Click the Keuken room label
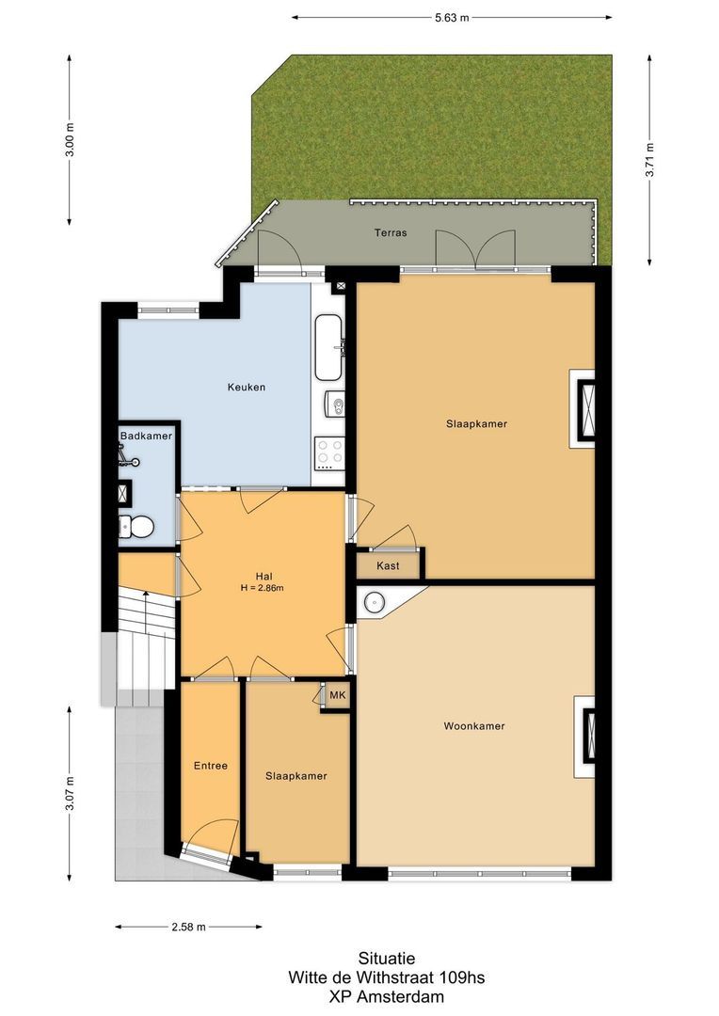(247, 387)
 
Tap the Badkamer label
(146, 437)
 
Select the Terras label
(391, 232)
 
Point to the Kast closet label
(388, 565)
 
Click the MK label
(337, 696)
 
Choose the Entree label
(211, 766)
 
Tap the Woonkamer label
(474, 726)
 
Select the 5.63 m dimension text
(452, 17)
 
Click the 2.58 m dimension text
(189, 927)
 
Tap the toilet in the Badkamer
(137, 527)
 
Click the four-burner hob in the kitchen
(330, 454)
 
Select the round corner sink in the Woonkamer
(375, 602)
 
